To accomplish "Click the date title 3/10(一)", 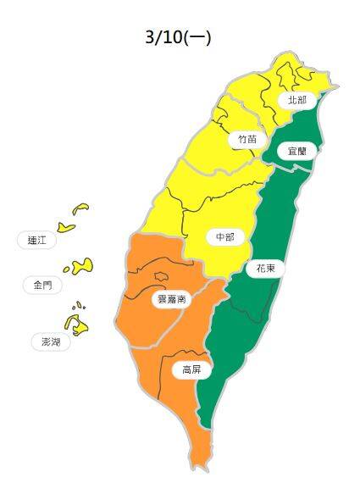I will click(x=178, y=37).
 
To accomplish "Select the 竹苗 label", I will click(x=246, y=138).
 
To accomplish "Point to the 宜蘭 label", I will click(x=296, y=151).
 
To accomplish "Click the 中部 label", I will click(x=224, y=237).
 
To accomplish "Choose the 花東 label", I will click(x=264, y=269).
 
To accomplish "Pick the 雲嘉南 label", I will click(x=170, y=299).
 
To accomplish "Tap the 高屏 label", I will click(x=191, y=369).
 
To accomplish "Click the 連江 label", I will click(x=36, y=240).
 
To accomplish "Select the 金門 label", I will click(x=42, y=285).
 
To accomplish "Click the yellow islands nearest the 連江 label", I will click(x=72, y=219).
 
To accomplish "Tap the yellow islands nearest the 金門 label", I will click(x=81, y=267).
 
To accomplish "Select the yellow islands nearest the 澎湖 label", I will click(x=75, y=322).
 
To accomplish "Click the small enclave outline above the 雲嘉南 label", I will click(x=160, y=275).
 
